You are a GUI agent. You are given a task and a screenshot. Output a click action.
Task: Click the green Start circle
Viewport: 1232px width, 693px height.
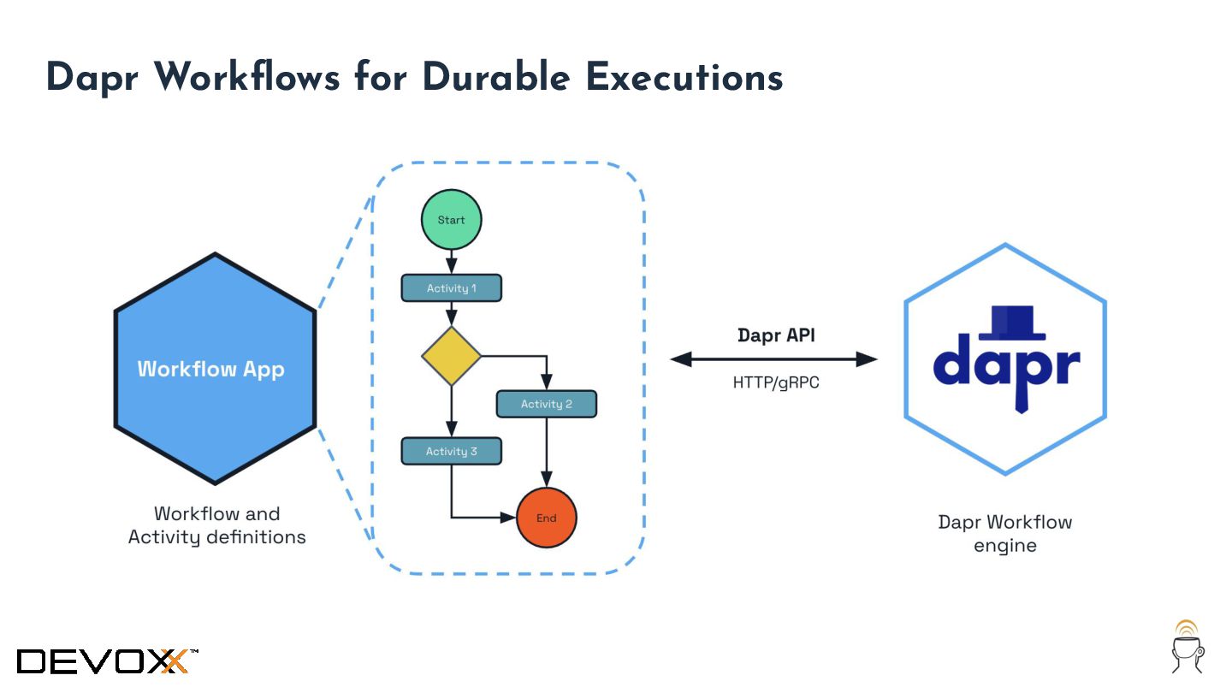click(451, 219)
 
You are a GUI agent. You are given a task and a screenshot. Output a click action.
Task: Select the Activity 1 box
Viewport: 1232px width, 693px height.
click(451, 287)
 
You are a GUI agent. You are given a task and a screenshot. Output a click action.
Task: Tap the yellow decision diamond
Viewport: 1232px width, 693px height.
click(451, 356)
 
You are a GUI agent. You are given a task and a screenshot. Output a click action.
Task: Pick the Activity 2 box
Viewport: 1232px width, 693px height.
click(546, 404)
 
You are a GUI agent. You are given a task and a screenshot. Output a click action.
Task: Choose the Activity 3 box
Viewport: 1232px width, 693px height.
click(451, 451)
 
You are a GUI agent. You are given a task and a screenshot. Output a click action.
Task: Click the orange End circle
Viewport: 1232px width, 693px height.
click(546, 518)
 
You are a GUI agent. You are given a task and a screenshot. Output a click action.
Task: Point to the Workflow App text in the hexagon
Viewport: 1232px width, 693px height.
click(210, 370)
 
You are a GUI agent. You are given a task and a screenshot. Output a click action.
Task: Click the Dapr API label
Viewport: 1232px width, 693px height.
click(776, 335)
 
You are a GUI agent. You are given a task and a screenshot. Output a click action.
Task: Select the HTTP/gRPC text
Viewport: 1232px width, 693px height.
click(775, 382)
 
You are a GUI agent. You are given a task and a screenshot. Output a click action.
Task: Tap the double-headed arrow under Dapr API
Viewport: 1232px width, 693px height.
click(773, 359)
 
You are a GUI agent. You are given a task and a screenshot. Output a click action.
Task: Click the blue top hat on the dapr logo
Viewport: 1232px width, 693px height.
click(1011, 323)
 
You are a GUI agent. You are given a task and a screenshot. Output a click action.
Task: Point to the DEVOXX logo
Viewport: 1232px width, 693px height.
click(107, 661)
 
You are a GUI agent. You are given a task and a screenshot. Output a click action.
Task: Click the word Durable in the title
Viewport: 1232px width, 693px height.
click(496, 77)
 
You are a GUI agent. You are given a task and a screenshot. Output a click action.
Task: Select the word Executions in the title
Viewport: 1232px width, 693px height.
click(684, 77)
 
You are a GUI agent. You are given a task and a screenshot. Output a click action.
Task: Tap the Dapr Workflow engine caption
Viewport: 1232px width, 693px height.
click(1004, 534)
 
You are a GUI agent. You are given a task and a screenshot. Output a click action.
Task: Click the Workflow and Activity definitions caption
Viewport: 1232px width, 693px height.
click(216, 525)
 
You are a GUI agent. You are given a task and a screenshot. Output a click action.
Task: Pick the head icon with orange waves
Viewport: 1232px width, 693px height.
click(1188, 647)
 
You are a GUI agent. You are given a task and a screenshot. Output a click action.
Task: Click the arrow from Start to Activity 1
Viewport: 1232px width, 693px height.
click(451, 262)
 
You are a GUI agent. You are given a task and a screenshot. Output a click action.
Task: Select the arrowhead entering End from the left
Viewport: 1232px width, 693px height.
click(508, 518)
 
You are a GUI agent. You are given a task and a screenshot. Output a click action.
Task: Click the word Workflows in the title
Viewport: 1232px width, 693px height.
click(247, 77)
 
